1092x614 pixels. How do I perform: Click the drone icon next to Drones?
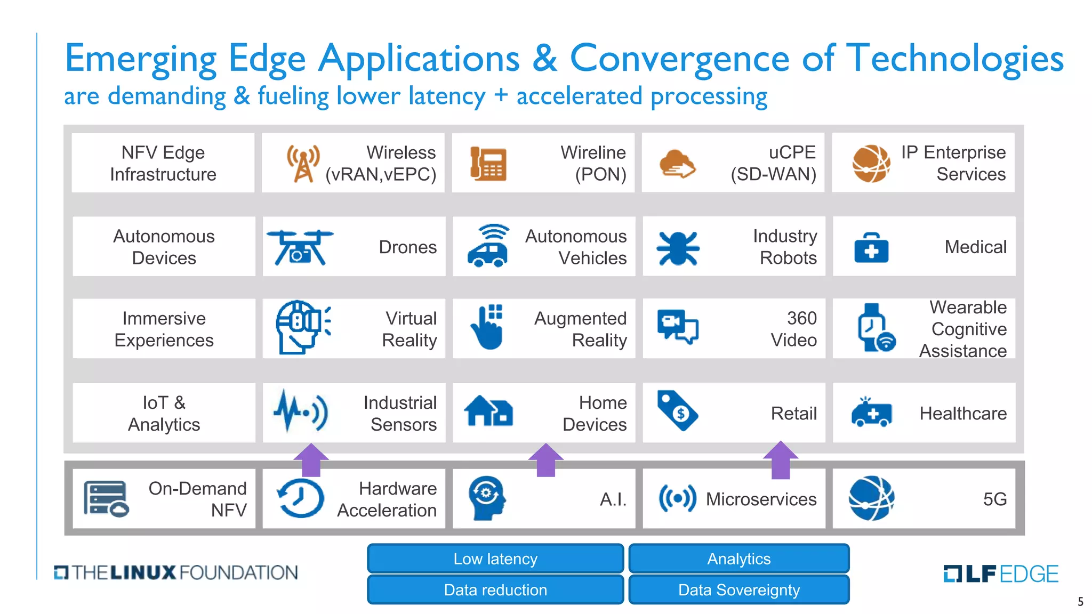coord(300,247)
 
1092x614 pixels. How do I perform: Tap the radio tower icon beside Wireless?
coord(303,163)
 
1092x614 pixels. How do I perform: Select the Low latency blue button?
coord(495,559)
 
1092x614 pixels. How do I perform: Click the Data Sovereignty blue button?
coord(738,590)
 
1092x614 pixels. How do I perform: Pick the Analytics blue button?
coord(738,559)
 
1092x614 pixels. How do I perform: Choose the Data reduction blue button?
coord(495,590)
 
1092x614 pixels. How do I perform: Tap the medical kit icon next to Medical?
coord(871,248)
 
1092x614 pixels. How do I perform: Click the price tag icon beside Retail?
coord(677,411)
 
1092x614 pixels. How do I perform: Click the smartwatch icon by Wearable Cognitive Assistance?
coord(874,328)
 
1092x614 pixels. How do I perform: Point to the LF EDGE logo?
coord(1000,573)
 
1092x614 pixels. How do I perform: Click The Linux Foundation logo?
coord(176,572)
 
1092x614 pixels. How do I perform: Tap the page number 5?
coord(1080,602)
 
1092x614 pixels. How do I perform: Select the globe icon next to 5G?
coord(871,498)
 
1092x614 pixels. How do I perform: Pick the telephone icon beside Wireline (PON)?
coord(488,164)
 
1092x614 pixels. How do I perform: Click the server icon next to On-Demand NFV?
coord(106,499)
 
